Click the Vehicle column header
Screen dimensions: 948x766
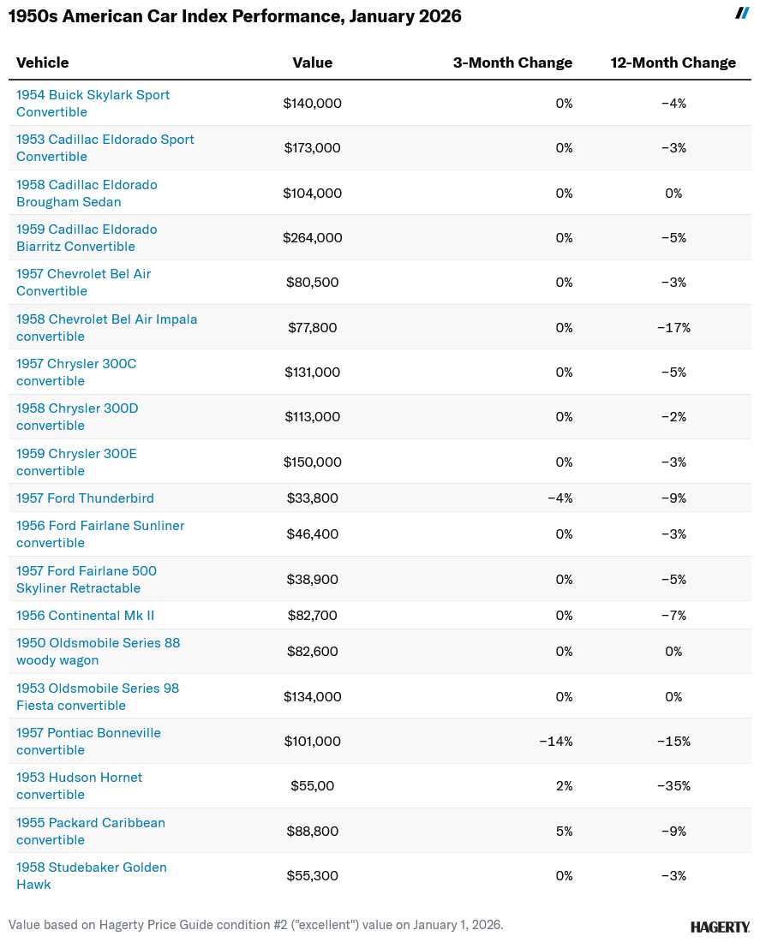(43, 63)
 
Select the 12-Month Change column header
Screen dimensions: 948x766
(673, 63)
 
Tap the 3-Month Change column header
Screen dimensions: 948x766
(512, 63)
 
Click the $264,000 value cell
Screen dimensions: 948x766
(313, 238)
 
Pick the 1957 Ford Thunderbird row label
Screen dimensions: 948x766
(85, 498)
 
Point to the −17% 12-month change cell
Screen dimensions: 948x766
(673, 328)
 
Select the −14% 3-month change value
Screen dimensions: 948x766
(556, 742)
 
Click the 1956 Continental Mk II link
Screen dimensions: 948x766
(85, 616)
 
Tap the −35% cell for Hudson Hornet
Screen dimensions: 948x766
(673, 786)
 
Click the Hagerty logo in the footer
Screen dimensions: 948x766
(720, 927)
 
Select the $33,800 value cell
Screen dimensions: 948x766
(313, 498)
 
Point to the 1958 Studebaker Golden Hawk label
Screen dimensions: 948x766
(91, 876)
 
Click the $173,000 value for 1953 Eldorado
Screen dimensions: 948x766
(313, 148)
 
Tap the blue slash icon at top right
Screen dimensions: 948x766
(743, 13)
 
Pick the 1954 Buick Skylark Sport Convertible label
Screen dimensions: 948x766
(93, 104)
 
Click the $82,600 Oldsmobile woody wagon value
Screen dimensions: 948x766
(313, 652)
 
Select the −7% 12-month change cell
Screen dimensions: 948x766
(673, 616)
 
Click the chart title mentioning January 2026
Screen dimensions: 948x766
(235, 16)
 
